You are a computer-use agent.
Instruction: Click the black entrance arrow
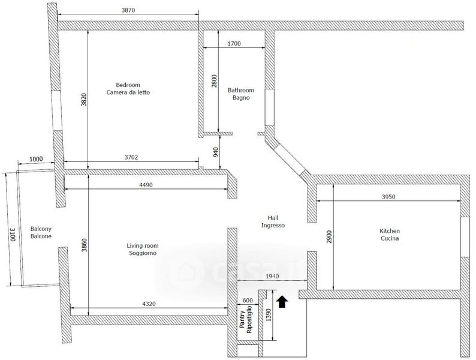click(x=282, y=302)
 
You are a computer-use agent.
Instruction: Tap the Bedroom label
click(x=128, y=85)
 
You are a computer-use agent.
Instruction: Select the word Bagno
click(x=241, y=98)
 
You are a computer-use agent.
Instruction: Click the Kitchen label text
click(x=390, y=231)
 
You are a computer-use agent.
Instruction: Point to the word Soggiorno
click(x=143, y=253)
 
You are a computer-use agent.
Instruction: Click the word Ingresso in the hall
click(x=273, y=226)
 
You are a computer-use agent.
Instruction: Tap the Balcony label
click(x=41, y=229)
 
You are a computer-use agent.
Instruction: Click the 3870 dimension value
click(x=128, y=10)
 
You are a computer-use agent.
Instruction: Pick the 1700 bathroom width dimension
click(x=234, y=43)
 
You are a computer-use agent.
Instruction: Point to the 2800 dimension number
click(x=215, y=81)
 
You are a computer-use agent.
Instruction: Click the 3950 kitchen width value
click(x=388, y=197)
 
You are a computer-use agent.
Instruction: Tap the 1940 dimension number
click(x=272, y=276)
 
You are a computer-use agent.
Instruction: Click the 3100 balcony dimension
click(x=13, y=234)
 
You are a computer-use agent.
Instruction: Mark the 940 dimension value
click(x=216, y=152)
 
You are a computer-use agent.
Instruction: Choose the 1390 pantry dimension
click(x=269, y=316)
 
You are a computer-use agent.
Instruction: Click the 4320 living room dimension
click(x=149, y=304)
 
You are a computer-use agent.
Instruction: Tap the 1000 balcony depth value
click(x=36, y=159)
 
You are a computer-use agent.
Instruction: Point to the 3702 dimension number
click(x=131, y=157)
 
